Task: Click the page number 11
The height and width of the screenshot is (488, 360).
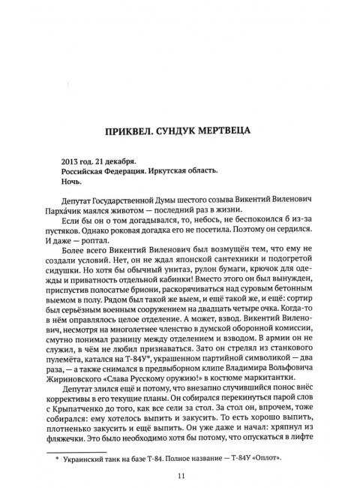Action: [x=180, y=474]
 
